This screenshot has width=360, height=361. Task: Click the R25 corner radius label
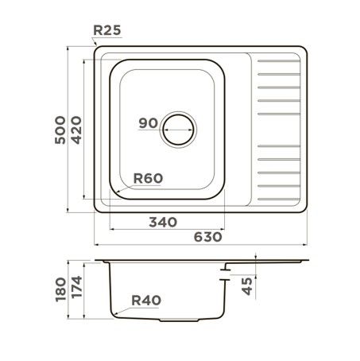107,30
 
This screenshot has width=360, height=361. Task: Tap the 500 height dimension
60,130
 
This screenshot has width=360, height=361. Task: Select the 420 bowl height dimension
76,130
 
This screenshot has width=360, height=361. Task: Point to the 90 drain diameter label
149,123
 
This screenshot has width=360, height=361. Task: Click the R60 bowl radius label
148,178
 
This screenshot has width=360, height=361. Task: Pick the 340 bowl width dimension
163,222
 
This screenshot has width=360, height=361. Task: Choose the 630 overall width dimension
208,237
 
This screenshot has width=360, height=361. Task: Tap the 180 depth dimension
60,289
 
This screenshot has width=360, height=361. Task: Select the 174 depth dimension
77,287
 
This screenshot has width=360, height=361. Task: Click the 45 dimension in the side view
247,286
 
